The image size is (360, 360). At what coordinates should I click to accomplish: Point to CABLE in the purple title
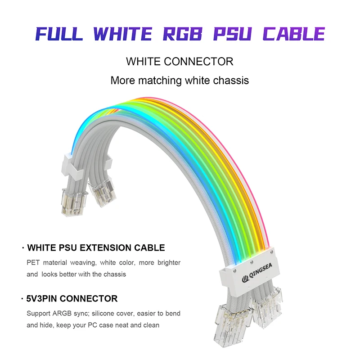pos(294,34)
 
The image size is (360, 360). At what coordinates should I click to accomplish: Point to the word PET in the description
pos(33,262)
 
